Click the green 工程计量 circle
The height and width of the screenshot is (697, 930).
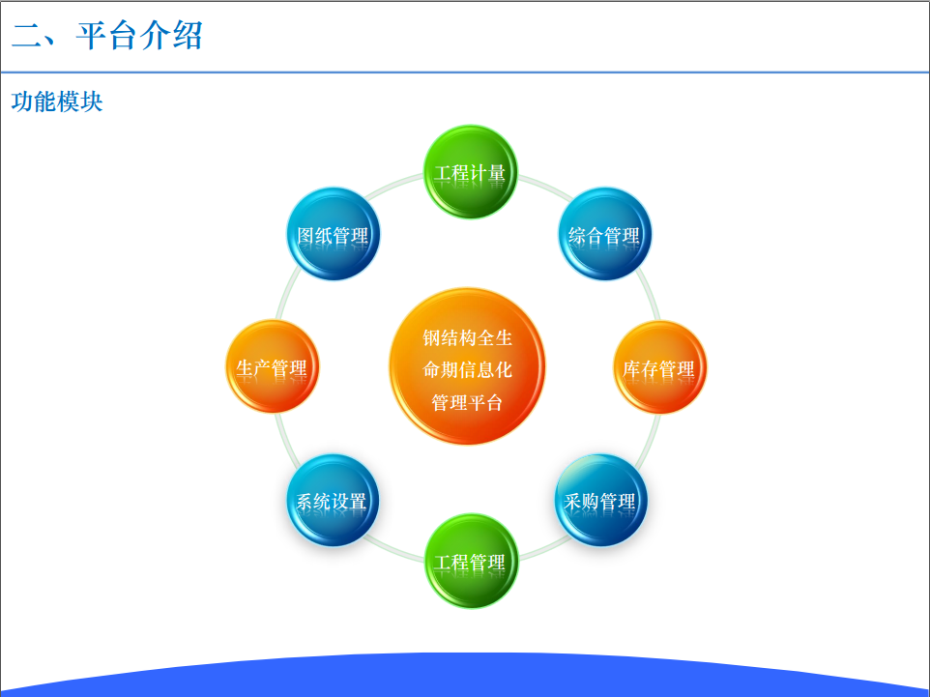[471, 172]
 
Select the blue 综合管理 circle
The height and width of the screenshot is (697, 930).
[604, 234]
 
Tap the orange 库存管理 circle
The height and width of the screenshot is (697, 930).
[659, 367]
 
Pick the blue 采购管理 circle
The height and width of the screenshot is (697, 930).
[600, 500]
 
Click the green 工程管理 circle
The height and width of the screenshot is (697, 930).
[472, 561]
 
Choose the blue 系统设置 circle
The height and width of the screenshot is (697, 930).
[333, 500]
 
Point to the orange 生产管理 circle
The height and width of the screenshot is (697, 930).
[273, 366]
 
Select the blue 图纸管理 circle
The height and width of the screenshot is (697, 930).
[334, 234]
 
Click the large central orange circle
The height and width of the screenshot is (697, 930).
[467, 366]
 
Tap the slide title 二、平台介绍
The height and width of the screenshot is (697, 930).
[107, 35]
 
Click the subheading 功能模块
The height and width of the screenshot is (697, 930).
[57, 102]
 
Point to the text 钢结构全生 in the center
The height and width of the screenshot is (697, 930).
[467, 337]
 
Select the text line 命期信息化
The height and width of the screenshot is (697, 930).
[467, 369]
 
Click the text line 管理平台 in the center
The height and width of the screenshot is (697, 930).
[467, 402]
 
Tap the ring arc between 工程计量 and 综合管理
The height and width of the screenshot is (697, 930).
[545, 187]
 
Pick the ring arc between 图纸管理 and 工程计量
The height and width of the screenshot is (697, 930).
[393, 186]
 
